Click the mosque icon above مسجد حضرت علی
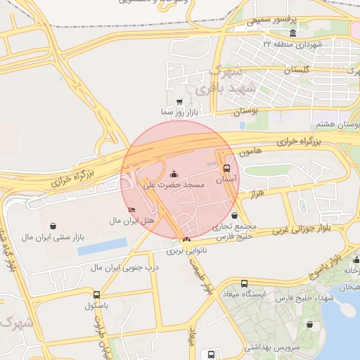click(174, 174)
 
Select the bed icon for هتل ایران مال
click(131, 210)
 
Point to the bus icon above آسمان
click(226, 169)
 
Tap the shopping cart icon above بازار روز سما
click(181, 101)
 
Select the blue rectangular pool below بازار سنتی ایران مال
click(102, 246)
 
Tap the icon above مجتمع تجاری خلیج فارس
click(234, 217)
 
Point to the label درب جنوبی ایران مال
click(127, 267)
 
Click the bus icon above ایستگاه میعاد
click(244, 283)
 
